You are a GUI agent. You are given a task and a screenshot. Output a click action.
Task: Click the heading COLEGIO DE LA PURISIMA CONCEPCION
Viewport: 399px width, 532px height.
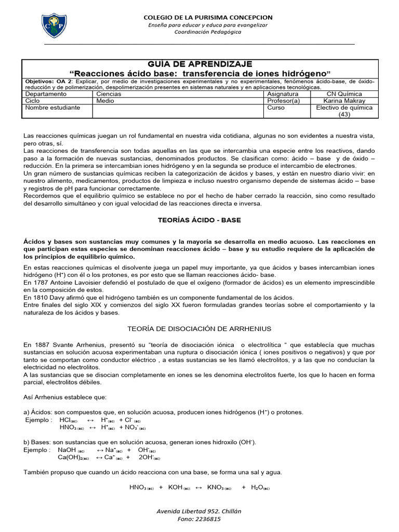(x=208, y=18)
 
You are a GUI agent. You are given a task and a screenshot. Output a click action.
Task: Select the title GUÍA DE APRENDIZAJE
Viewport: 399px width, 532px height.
(x=199, y=63)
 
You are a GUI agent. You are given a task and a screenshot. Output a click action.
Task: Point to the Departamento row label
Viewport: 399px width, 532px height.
(x=46, y=95)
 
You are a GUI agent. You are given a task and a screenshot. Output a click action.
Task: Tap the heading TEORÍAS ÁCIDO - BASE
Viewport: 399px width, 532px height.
(x=199, y=220)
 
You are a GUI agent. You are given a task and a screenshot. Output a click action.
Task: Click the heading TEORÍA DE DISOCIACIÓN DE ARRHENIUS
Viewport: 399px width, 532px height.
(x=199, y=329)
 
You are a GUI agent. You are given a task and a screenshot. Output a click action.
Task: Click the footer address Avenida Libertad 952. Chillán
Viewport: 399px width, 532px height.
(x=199, y=511)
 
